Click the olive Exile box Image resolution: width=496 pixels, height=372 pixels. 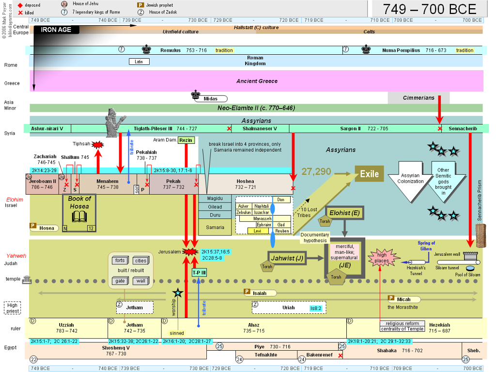pyautogui.click(x=369, y=174)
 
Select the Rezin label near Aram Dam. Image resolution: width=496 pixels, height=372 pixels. pyautogui.click(x=186, y=140)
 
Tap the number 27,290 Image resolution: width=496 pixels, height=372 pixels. pyautogui.click(x=316, y=171)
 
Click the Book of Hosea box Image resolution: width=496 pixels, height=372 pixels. pyautogui.click(x=79, y=213)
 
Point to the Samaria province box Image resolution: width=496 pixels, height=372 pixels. pyautogui.click(x=215, y=227)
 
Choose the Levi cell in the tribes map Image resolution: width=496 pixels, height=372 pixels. pyautogui.click(x=258, y=231)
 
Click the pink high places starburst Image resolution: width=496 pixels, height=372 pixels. pyautogui.click(x=383, y=258)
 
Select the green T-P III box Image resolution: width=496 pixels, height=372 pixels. pyautogui.click(x=199, y=273)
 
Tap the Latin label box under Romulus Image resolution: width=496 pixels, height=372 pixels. pyautogui.click(x=139, y=62)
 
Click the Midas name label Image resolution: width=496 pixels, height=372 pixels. pyautogui.click(x=211, y=99)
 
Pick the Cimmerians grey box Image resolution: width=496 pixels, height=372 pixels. pyautogui.click(x=418, y=98)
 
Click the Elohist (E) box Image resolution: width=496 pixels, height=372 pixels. pyautogui.click(x=344, y=213)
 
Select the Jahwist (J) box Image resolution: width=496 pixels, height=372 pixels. pyautogui.click(x=287, y=258)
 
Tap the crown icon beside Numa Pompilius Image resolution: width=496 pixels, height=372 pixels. pyautogui.click(x=366, y=49)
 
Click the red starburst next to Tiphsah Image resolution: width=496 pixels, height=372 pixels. pyautogui.click(x=98, y=145)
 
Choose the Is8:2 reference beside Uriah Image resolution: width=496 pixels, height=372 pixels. pyautogui.click(x=315, y=308)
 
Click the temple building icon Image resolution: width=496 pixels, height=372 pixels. pyautogui.click(x=27, y=279)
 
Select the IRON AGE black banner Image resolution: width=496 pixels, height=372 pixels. pyautogui.click(x=56, y=30)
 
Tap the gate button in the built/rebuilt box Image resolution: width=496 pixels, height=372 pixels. pyautogui.click(x=120, y=281)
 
